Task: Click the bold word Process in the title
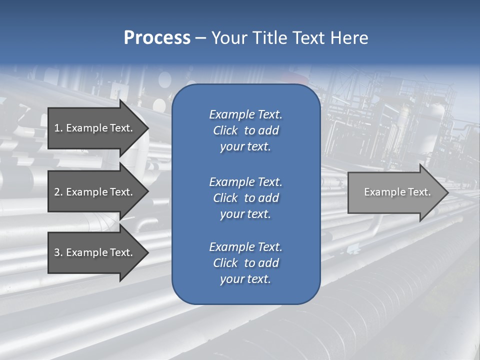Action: click(x=157, y=38)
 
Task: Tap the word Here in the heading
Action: click(x=349, y=38)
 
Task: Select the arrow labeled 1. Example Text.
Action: click(x=93, y=128)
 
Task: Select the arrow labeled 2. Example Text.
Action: click(x=93, y=192)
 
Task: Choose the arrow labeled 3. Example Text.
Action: click(x=93, y=252)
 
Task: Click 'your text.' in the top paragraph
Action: click(x=245, y=147)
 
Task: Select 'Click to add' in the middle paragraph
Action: click(x=245, y=198)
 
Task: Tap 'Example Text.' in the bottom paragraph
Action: click(x=245, y=247)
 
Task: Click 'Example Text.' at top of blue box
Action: click(x=245, y=114)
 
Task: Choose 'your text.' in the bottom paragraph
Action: click(x=245, y=279)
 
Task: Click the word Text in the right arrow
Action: click(x=419, y=192)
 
